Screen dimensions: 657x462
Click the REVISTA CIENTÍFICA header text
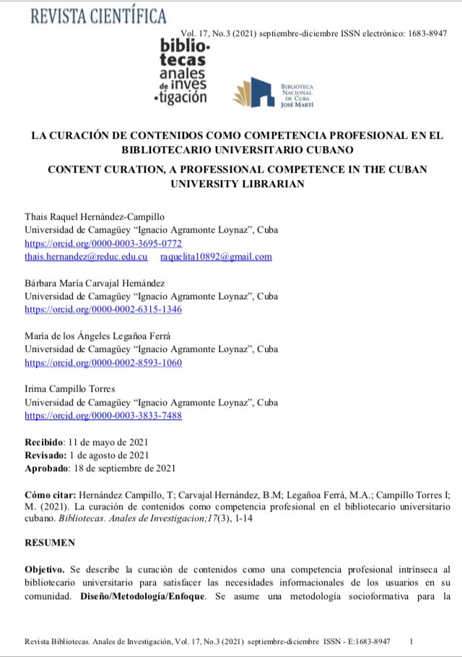[x=98, y=15]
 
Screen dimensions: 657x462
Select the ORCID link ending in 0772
[x=103, y=244]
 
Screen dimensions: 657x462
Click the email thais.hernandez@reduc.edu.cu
[x=87, y=257]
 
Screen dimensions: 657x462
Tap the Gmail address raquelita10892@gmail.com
[x=216, y=257]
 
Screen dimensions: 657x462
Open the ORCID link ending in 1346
[x=103, y=309]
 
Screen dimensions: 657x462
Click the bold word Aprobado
[x=46, y=468]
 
